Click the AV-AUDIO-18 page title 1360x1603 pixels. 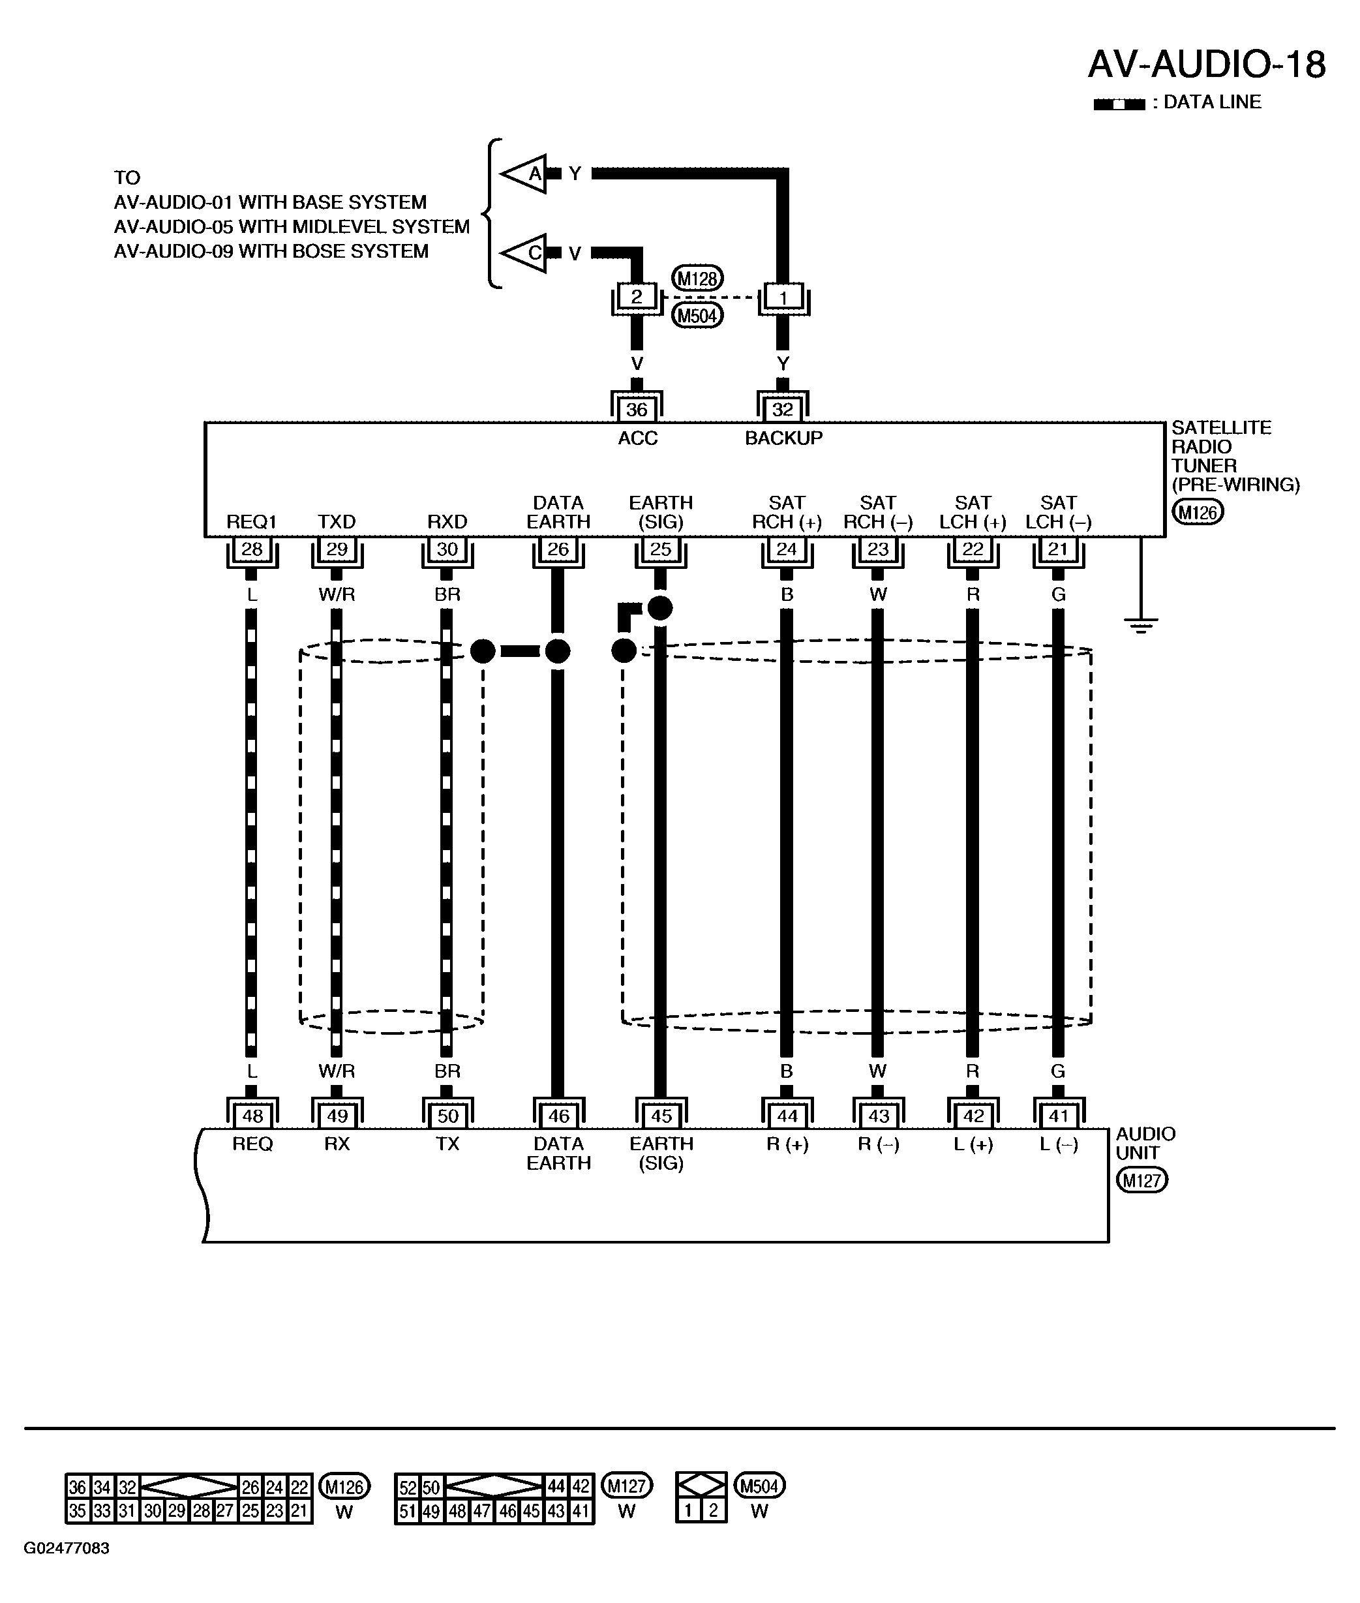coord(1207,64)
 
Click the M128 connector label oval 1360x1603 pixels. coord(698,279)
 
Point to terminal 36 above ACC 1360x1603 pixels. coord(637,408)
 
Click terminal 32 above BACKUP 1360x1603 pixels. coord(783,408)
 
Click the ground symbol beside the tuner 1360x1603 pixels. coord(1141,624)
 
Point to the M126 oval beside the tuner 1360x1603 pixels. coord(1198,512)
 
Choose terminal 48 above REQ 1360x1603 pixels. coord(252,1116)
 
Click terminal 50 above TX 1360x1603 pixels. coord(447,1116)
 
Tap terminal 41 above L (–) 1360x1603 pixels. coord(1059,1116)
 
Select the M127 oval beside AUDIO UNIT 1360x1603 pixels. coord(1142,1180)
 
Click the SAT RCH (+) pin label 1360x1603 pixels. coord(787,512)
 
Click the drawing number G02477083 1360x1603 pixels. coord(67,1548)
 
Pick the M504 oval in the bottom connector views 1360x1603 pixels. coord(759,1485)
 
